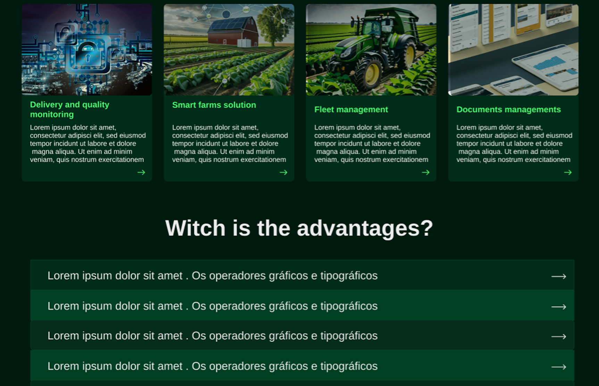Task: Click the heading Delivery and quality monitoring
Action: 69,109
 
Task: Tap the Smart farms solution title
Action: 214,105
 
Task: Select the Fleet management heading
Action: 351,109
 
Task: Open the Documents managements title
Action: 508,109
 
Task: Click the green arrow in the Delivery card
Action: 141,172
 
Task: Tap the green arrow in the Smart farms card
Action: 283,172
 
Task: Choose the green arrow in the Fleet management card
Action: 425,172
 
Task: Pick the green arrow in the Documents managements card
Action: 568,172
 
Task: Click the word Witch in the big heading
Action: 195,228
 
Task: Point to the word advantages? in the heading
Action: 365,229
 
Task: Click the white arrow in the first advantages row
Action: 559,276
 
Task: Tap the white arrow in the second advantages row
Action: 559,307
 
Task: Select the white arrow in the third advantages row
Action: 559,336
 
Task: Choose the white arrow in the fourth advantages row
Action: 559,367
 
